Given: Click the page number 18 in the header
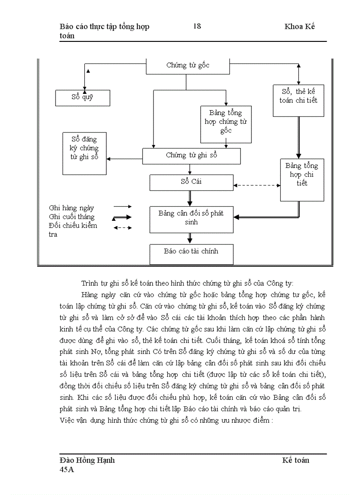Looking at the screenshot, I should (x=197, y=26).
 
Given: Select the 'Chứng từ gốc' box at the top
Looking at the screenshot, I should (x=187, y=66).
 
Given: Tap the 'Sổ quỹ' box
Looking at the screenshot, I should (x=82, y=97).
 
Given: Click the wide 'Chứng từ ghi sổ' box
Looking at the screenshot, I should (x=191, y=156).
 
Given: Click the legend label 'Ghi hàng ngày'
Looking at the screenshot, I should (x=71, y=208).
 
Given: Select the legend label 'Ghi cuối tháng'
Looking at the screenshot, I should (x=72, y=217).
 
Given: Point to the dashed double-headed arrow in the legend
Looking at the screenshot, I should (x=123, y=227).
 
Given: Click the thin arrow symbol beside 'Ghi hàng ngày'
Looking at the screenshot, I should (x=123, y=206).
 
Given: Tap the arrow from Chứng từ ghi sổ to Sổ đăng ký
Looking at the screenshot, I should (x=124, y=159).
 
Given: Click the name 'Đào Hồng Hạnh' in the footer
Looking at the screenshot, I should (x=87, y=460).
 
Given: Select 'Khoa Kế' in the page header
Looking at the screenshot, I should (x=300, y=26).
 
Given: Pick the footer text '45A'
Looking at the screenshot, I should (x=67, y=470).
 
